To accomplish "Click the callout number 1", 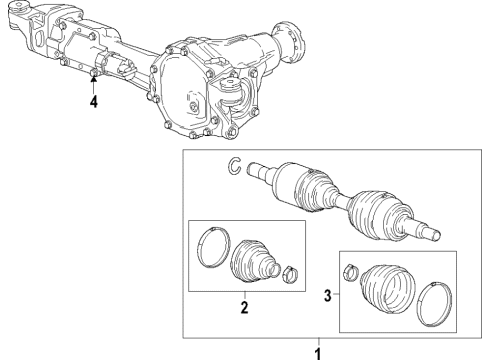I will click(x=319, y=352).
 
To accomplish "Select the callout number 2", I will click(x=242, y=309).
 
